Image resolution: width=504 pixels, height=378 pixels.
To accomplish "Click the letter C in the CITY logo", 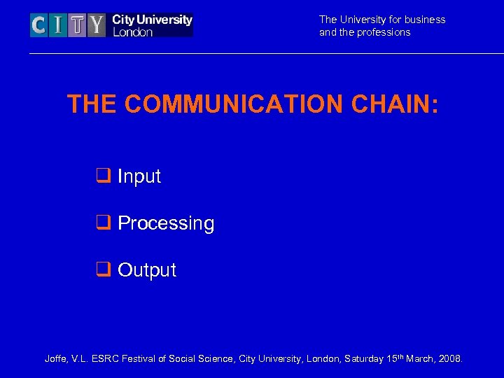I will click(x=39, y=26).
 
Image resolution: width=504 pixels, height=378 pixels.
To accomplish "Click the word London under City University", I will click(x=132, y=32).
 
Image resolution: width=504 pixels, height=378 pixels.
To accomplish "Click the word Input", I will click(x=139, y=176).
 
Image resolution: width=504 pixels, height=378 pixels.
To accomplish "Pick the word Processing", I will click(x=166, y=223).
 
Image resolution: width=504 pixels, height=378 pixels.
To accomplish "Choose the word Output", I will click(x=147, y=269).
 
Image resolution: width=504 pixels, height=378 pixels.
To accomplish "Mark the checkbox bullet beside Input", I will click(x=102, y=176).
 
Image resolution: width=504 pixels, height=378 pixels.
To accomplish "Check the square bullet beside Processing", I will click(x=102, y=223).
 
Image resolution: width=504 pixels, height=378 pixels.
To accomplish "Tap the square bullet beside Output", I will click(x=102, y=269).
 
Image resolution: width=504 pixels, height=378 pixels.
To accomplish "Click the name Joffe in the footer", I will click(x=56, y=359).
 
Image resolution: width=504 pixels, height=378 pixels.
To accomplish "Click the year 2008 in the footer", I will click(x=450, y=359).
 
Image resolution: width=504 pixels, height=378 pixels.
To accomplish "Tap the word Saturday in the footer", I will click(x=363, y=359).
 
